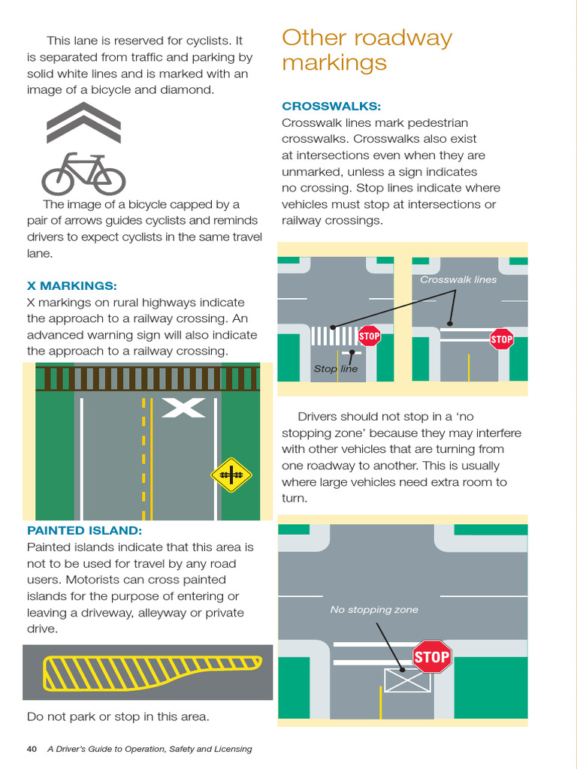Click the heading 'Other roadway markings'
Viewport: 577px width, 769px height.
point(367,50)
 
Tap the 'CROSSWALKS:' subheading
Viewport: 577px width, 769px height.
point(331,106)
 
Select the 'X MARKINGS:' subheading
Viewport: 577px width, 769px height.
point(71,286)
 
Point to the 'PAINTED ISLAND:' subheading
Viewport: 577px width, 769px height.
point(84,531)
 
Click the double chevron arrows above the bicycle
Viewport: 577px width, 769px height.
point(83,122)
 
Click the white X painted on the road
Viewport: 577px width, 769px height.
point(183,408)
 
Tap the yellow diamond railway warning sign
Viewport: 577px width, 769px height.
point(231,474)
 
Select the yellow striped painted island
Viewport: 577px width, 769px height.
point(150,671)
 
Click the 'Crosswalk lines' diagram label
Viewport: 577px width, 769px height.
point(458,279)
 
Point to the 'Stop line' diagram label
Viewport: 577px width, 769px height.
point(335,369)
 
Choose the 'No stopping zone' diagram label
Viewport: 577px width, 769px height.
point(374,610)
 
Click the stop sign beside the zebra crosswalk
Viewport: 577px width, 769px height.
point(369,336)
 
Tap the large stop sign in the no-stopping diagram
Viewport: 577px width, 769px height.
point(431,657)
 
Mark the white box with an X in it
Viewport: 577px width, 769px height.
point(406,680)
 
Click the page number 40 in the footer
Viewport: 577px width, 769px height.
point(32,749)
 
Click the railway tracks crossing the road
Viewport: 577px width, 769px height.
point(147,378)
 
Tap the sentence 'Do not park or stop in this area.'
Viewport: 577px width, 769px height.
point(118,716)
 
